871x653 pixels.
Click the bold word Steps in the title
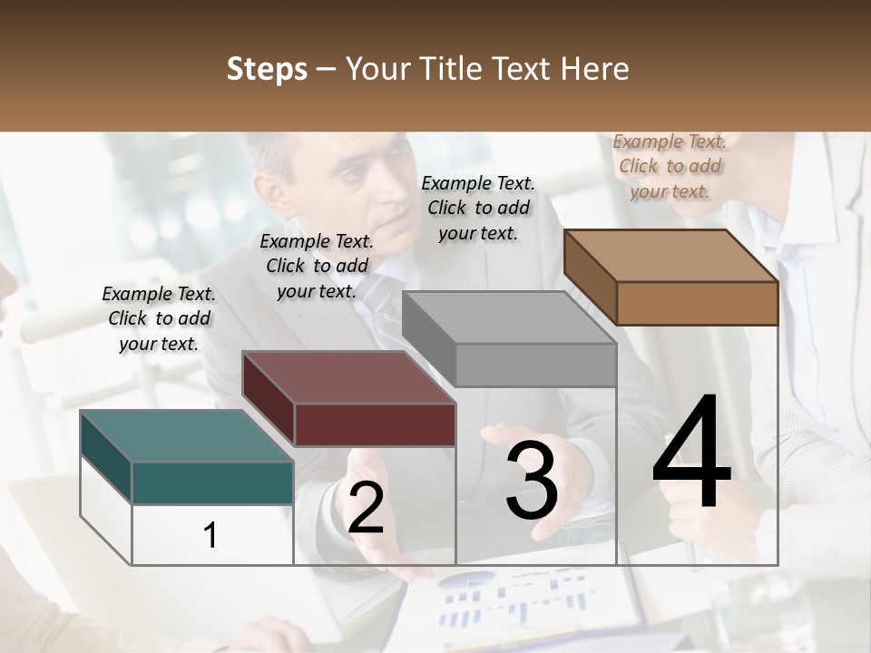point(267,69)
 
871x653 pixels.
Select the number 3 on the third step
point(532,482)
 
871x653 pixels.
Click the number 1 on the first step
point(210,535)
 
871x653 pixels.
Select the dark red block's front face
point(375,424)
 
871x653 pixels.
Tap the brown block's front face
point(697,303)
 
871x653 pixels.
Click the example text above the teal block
point(159,318)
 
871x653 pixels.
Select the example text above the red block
point(317,266)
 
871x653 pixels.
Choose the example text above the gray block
point(478,208)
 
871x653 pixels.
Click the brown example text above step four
point(670,166)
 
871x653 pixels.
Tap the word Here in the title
point(594,69)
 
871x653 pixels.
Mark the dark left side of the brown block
point(590,277)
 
